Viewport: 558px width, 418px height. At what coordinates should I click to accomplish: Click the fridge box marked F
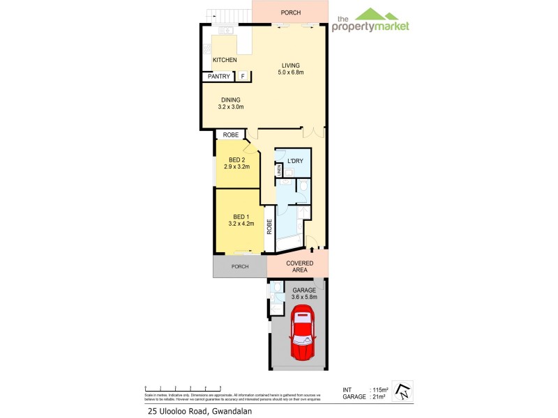point(242,76)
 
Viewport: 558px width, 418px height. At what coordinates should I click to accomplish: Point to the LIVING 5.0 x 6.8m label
point(291,68)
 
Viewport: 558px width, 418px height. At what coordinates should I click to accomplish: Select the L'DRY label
point(294,161)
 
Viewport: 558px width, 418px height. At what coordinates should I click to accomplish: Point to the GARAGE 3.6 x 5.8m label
point(304,293)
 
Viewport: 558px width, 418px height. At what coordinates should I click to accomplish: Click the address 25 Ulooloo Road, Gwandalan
point(199,411)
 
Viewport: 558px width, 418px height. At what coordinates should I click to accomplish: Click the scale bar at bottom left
point(182,387)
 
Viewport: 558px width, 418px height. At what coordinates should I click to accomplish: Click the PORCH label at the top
point(290,13)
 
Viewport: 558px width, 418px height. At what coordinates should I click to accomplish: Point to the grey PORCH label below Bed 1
point(240,266)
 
